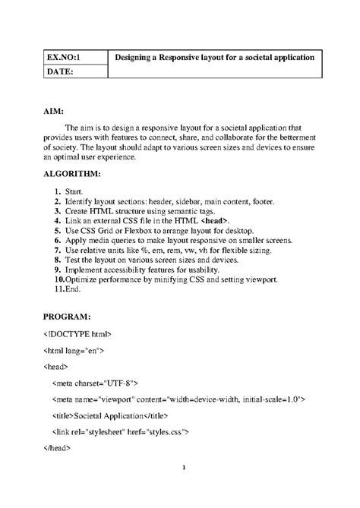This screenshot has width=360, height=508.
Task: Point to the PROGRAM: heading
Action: tap(67, 314)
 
